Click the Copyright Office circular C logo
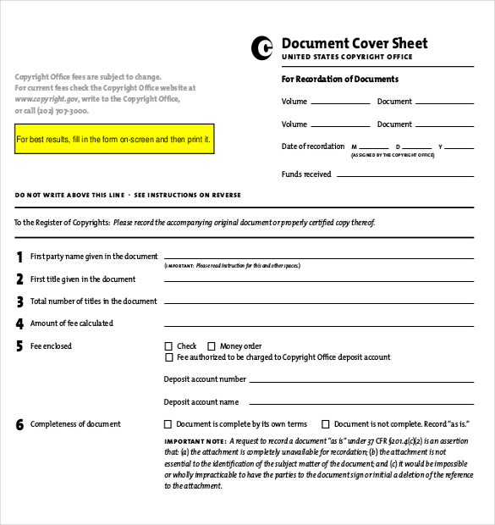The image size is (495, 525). coord(262,48)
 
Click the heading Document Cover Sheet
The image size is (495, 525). coord(354,43)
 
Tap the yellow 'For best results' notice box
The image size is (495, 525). coord(114,138)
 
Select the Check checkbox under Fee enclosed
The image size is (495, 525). coord(168,346)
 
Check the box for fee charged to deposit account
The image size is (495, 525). coord(168,357)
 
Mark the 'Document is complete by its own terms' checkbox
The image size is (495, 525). coord(168,424)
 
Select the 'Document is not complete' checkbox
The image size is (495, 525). coord(325,424)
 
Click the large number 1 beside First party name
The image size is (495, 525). coord(19,257)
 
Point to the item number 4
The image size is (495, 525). coord(19,323)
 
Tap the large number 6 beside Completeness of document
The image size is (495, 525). coord(19,424)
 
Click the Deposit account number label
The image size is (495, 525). coord(205,379)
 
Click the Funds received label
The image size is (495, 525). coord(306,174)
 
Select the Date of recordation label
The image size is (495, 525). coord(313,146)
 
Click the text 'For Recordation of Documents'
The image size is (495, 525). coord(339,80)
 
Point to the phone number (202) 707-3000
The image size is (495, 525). coord(63,111)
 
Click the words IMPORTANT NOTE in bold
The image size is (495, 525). coord(194,441)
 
